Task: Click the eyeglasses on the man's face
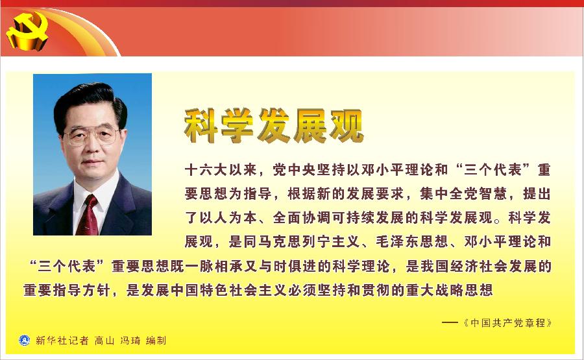point(91,135)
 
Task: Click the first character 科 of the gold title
point(201,126)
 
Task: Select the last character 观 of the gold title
point(346,126)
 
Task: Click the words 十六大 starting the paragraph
point(206,170)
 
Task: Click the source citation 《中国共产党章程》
point(507,323)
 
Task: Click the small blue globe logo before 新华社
point(24,341)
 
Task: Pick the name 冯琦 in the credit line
point(130,341)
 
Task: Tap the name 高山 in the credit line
point(104,341)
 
